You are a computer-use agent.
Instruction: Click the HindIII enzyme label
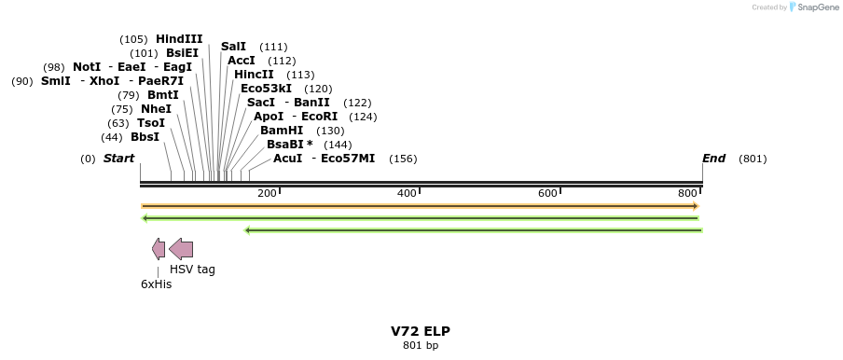[x=179, y=39]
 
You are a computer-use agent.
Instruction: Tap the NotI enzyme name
[x=87, y=67]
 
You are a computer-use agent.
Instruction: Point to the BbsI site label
[x=145, y=137]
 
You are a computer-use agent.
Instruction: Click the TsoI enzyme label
[x=151, y=123]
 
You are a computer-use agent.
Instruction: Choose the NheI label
[x=156, y=109]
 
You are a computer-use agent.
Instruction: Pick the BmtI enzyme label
[x=162, y=95]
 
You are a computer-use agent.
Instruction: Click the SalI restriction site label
[x=233, y=47]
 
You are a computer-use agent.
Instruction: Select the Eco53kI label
[x=266, y=89]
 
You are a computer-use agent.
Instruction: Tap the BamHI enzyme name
[x=282, y=131]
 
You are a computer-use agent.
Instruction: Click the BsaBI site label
[x=289, y=145]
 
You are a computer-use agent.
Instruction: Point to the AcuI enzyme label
[x=288, y=159]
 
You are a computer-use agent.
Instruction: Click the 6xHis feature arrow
[x=159, y=249]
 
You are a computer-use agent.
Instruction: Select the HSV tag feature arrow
[x=181, y=249]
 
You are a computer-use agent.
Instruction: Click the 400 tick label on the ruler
[x=408, y=193]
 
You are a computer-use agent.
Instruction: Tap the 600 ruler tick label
[x=547, y=193]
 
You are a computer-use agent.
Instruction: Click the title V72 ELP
[x=421, y=331]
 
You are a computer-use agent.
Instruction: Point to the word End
[x=714, y=159]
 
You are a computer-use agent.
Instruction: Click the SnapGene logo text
[x=816, y=7]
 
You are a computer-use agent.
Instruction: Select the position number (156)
[x=403, y=159]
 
